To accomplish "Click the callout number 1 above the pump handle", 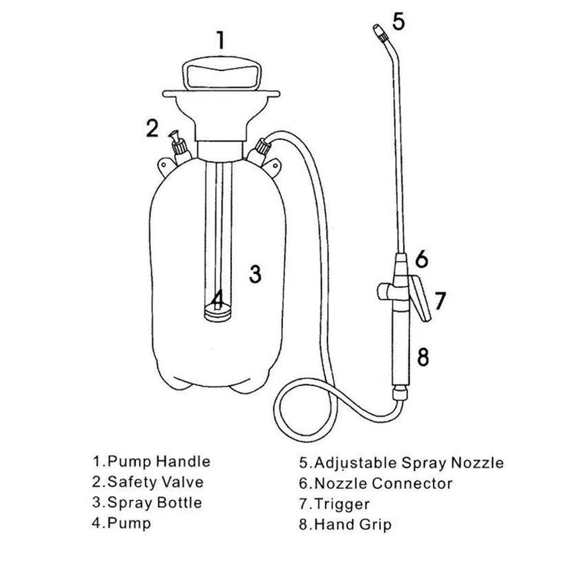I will (220, 40).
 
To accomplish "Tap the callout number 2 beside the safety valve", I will (152, 129).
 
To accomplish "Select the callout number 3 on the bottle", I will (255, 274).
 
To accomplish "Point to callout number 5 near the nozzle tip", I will (397, 22).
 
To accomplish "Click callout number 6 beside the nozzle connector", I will (422, 259).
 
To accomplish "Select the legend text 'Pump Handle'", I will (159, 461).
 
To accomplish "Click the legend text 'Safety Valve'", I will (156, 482).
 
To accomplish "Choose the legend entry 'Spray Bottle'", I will (155, 502).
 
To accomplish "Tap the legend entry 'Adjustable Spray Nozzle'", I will (408, 463).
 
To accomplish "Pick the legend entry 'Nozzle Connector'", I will (383, 483).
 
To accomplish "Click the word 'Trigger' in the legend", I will (342, 504).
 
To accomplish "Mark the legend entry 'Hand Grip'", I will (352, 524).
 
